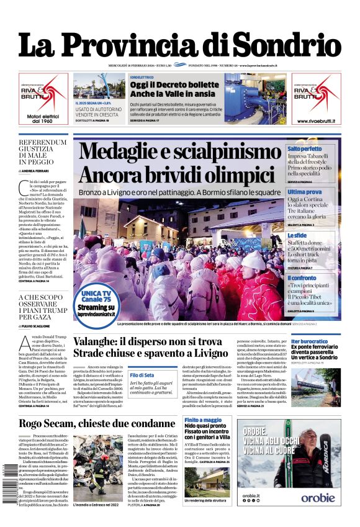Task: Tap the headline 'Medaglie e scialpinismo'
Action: [x=181, y=152]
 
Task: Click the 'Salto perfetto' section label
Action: [x=304, y=149]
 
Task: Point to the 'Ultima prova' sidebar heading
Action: [x=305, y=192]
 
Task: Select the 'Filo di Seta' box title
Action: [x=142, y=376]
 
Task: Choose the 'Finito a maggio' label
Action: [x=203, y=420]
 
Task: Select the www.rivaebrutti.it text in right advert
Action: [x=317, y=121]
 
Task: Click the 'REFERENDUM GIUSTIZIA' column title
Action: [x=42, y=146]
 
